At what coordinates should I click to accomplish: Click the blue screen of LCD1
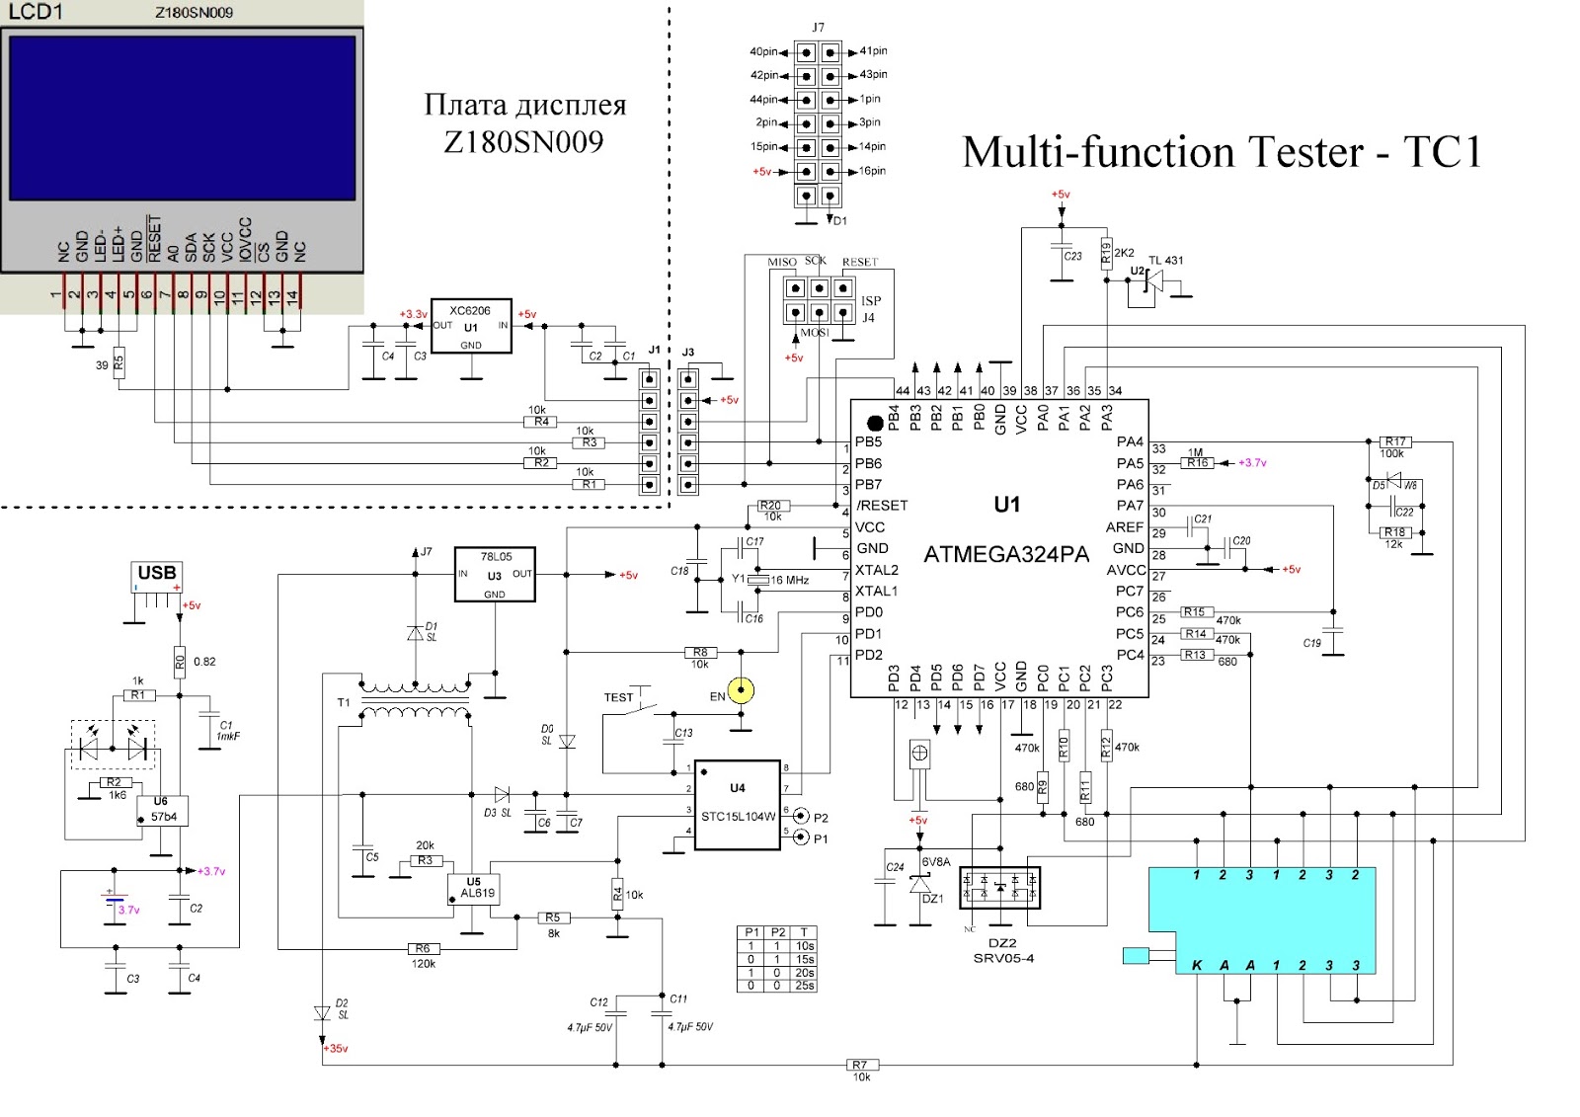coord(182,119)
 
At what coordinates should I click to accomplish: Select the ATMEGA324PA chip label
coord(1005,555)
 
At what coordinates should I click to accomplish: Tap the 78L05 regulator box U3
coord(494,575)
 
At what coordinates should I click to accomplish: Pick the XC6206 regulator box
coord(471,326)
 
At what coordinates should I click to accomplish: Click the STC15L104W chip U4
coord(738,805)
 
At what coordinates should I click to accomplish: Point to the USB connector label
coord(157,573)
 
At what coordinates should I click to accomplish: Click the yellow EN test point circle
coord(741,690)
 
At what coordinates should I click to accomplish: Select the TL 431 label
coord(1165,261)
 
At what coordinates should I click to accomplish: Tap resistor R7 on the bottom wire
coord(860,1065)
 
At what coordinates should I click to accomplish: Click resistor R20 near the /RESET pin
coord(770,506)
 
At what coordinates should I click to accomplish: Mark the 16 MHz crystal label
coord(789,580)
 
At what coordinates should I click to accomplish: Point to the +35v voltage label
coord(336,1048)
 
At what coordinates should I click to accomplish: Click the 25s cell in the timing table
coord(805,986)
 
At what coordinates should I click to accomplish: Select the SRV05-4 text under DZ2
coord(1003,958)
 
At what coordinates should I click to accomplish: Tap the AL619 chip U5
coord(477,888)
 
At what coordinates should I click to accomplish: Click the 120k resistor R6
coord(423,949)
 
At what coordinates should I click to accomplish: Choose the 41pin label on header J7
coord(873,50)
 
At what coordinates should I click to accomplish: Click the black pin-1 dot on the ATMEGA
coord(875,423)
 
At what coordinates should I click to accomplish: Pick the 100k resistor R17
coord(1394,442)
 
